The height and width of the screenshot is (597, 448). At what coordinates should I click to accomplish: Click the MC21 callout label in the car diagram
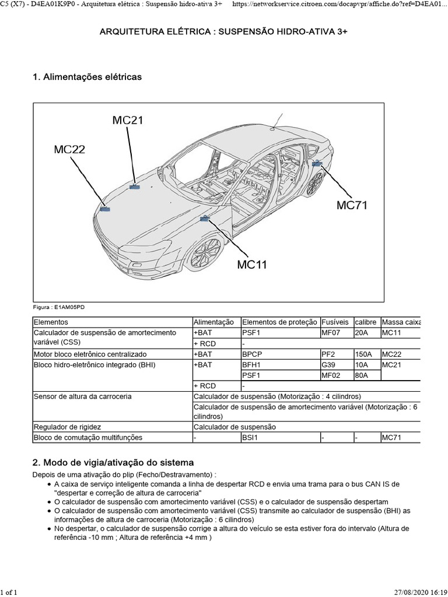[x=128, y=121]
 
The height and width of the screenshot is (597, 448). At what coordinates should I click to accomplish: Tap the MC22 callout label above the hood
[x=69, y=150]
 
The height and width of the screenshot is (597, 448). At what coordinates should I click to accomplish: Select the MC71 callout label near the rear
[x=352, y=205]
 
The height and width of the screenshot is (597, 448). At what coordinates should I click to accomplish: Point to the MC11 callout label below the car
[x=251, y=265]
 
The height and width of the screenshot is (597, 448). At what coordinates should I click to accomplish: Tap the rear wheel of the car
[x=315, y=184]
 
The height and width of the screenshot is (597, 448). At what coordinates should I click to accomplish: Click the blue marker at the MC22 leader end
[x=105, y=208]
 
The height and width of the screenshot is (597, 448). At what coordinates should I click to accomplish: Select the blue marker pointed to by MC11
[x=205, y=219]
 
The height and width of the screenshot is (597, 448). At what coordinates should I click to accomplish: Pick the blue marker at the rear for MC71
[x=317, y=165]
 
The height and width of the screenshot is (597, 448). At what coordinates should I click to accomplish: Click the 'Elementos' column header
[x=51, y=322]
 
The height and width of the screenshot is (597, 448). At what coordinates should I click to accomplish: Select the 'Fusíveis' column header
[x=335, y=322]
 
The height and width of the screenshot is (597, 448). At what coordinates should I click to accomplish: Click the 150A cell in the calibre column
[x=363, y=354]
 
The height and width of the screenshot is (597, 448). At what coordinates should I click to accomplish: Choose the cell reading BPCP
[x=251, y=354]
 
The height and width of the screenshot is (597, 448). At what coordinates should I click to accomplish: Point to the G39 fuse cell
[x=328, y=364]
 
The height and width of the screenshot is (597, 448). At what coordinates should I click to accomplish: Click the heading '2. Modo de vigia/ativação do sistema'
[x=110, y=462]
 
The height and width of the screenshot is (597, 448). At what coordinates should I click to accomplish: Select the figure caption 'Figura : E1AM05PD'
[x=60, y=307]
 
